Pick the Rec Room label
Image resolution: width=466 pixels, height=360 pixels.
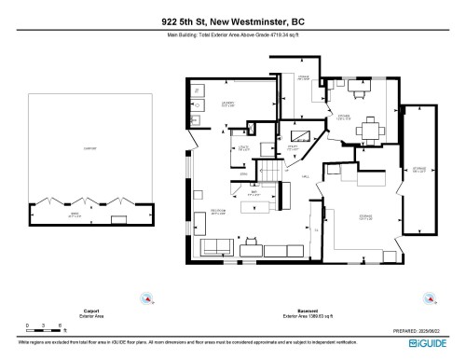[x=217, y=211]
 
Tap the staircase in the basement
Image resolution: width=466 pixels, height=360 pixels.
[x=271, y=171]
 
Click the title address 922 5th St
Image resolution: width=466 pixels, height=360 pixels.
[x=233, y=21]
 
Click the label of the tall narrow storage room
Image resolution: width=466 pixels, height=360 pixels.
[x=419, y=169]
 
